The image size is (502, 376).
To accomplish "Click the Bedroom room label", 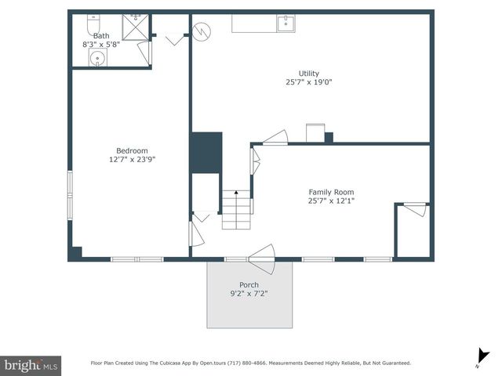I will tap(132, 150).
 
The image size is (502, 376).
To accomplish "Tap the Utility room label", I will tap(309, 74).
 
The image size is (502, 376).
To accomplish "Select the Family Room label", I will tap(331, 192).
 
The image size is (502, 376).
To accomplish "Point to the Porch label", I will tap(249, 284).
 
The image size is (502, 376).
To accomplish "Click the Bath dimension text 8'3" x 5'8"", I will tap(101, 45).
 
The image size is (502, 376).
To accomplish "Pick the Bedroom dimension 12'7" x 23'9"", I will tap(132, 159).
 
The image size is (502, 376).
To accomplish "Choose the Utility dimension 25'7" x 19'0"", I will tap(309, 82).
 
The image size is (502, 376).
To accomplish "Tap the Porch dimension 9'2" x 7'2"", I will tap(249, 293).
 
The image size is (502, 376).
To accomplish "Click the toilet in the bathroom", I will tap(93, 20).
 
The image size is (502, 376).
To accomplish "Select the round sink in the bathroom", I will tap(97, 59).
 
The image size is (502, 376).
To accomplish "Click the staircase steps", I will tap(236, 209).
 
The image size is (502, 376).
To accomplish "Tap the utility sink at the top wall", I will tap(286, 23).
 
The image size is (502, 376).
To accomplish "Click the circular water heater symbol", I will tap(203, 31).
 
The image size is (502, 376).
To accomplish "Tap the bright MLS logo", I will tap(31, 365).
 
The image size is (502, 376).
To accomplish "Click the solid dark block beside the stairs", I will tap(206, 153).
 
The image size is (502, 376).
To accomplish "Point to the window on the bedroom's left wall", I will tap(70, 194).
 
